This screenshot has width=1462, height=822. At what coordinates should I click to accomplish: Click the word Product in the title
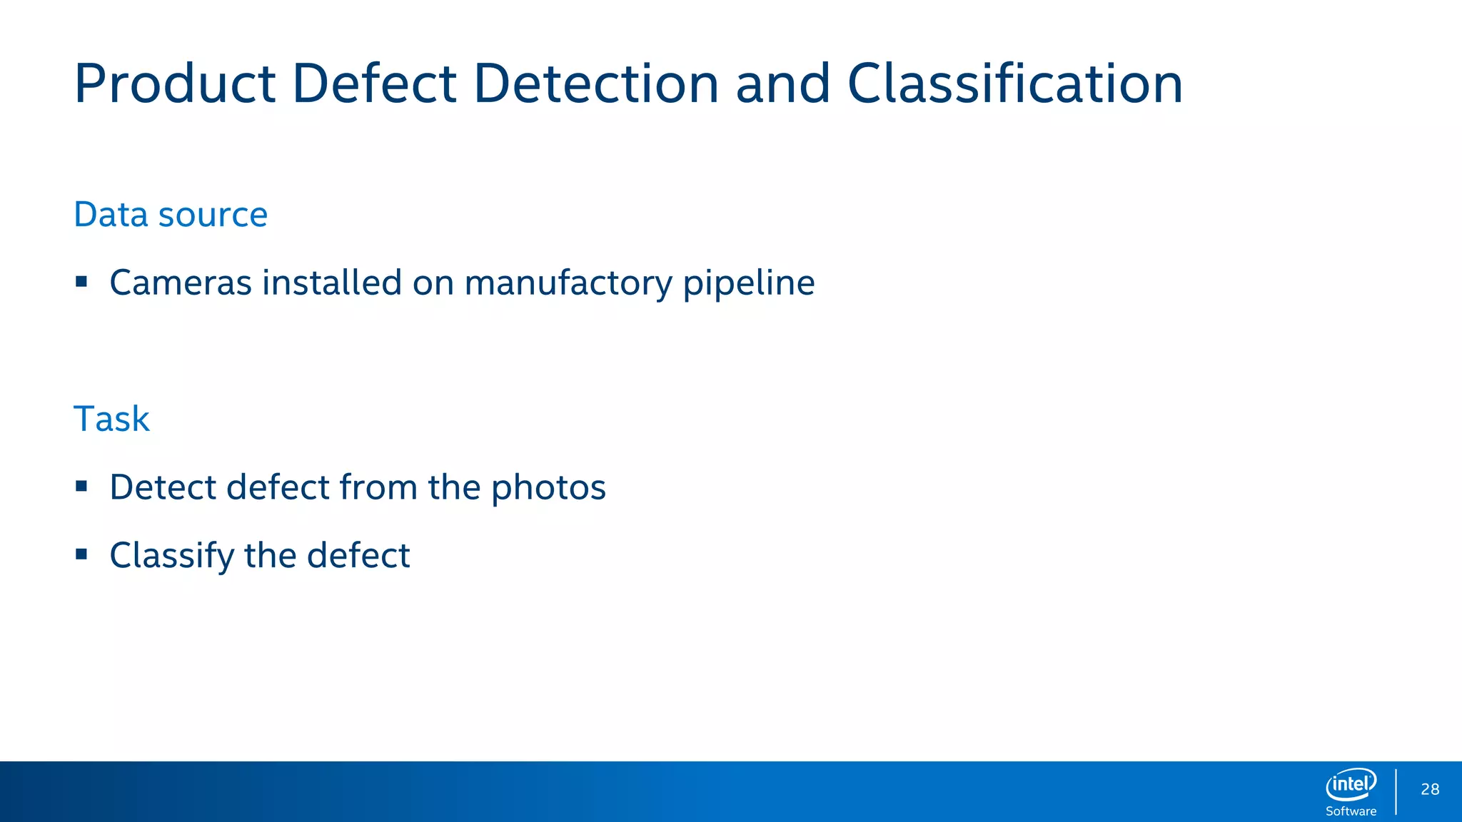pos(175,84)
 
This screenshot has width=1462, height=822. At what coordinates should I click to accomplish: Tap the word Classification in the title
pos(1014,84)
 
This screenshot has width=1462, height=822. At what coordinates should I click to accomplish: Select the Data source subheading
pos(171,214)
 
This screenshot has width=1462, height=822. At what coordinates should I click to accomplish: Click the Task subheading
pos(111,419)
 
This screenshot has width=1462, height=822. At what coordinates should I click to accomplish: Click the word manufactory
pos(568,283)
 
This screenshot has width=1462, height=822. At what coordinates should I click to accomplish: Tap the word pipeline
pos(749,283)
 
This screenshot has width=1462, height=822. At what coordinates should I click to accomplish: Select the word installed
pos(332,283)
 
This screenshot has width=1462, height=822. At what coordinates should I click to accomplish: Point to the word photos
pos(548,487)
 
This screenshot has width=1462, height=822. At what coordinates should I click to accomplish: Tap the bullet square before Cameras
pos(81,282)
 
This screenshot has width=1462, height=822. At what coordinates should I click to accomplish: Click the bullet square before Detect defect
pos(81,487)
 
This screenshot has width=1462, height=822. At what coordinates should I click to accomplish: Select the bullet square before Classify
pos(81,554)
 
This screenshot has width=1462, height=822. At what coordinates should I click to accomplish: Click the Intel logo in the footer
pos(1351,785)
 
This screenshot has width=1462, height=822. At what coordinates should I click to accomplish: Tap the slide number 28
pos(1430,789)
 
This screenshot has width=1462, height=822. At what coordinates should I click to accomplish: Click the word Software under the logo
pos(1351,811)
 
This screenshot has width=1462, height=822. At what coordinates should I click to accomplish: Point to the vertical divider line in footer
pos(1396,791)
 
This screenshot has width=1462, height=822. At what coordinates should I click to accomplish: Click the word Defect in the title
pos(374,84)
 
